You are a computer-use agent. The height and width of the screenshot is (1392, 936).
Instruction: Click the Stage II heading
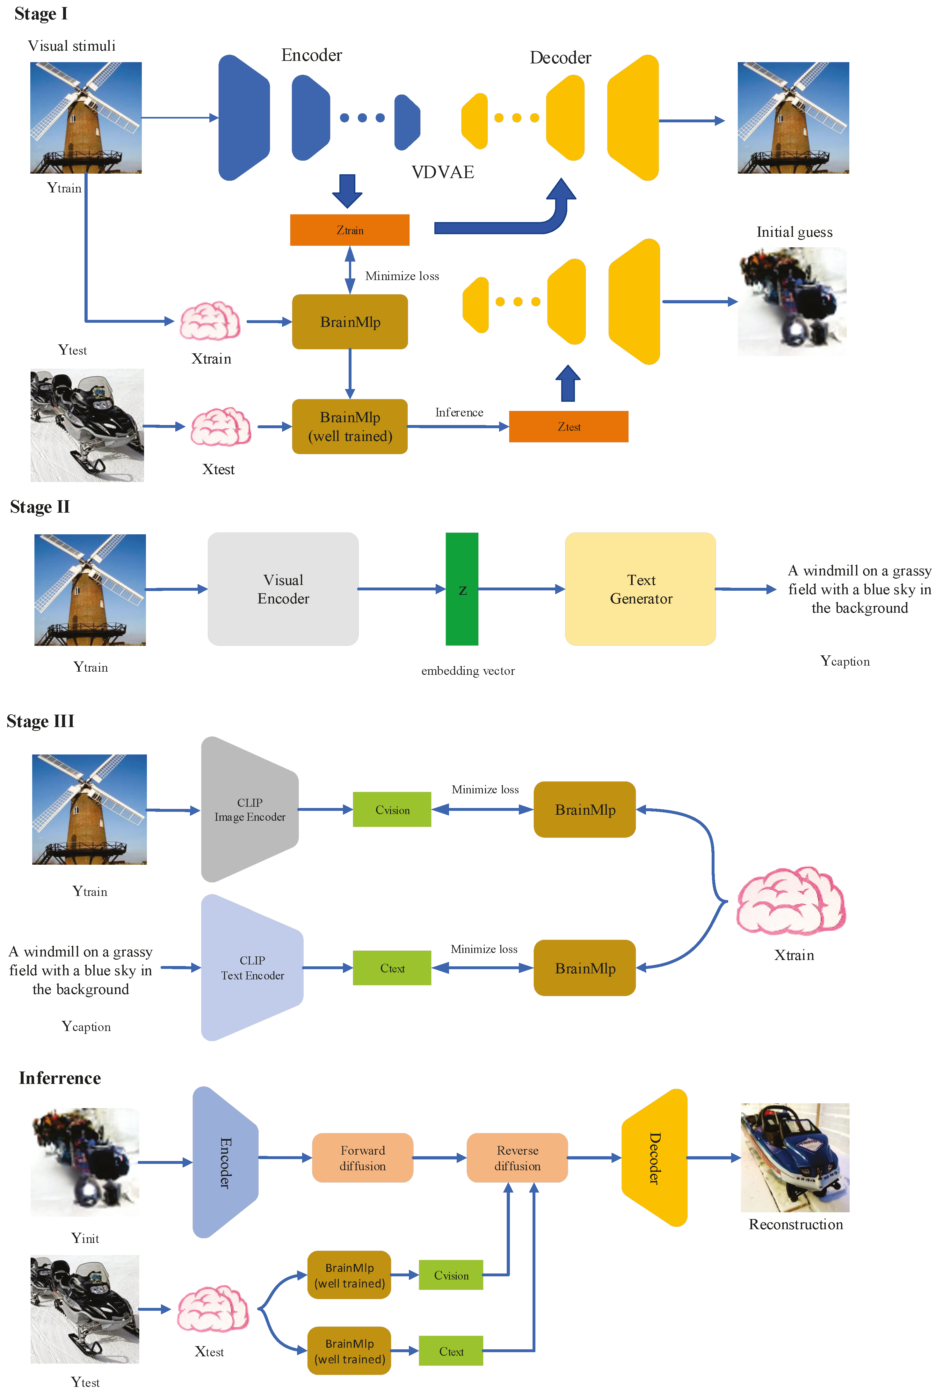(x=40, y=507)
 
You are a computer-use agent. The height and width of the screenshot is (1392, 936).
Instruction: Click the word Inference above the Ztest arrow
(x=459, y=412)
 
